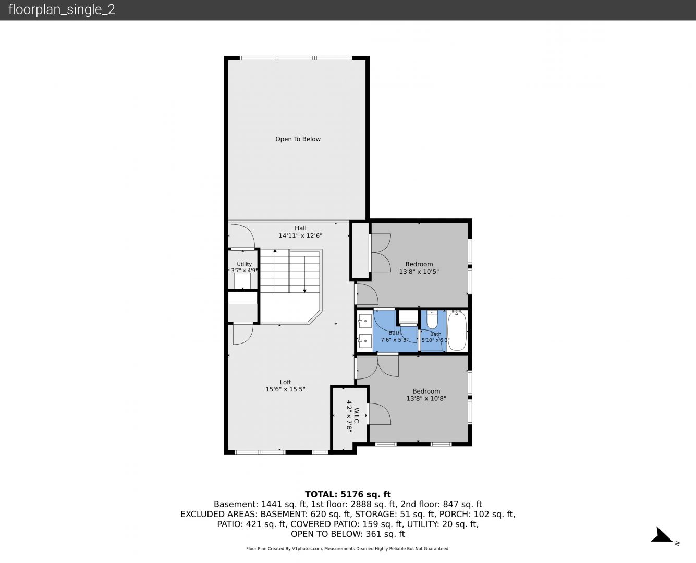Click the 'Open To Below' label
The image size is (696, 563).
(298, 139)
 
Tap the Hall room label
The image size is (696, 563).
(300, 228)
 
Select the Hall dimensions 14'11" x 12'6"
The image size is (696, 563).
(300, 235)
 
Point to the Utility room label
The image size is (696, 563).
(244, 264)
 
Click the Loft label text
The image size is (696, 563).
(285, 382)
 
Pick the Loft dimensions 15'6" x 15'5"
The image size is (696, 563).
(285, 389)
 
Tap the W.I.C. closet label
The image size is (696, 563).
(356, 415)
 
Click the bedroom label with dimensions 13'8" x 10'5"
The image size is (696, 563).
(419, 264)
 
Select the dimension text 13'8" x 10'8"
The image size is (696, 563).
(426, 398)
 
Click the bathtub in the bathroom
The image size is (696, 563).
(457, 331)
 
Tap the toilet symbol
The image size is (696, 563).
(432, 320)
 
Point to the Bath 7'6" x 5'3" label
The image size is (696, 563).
(394, 336)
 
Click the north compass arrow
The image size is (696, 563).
(661, 535)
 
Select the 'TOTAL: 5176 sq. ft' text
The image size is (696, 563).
(348, 494)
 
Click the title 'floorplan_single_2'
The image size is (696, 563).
(62, 9)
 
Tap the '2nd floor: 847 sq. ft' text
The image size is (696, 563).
(441, 504)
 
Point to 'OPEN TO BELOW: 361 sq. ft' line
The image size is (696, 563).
(348, 534)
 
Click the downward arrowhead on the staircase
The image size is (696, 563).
(304, 290)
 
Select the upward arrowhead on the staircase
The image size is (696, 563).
(275, 251)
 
